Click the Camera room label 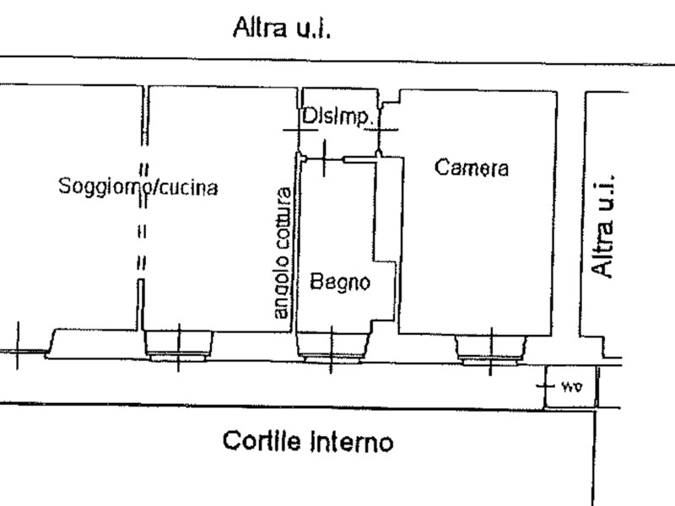click(472, 167)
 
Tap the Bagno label click(340, 283)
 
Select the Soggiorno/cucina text click(138, 186)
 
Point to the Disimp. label click(337, 116)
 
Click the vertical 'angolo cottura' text click(283, 253)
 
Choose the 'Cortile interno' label click(308, 441)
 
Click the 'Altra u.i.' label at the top click(282, 28)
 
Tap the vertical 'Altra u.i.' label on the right click(602, 226)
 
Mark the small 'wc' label click(572, 387)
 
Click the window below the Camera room click(491, 351)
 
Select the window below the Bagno click(332, 347)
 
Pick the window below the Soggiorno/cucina click(178, 347)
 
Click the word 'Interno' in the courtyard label click(351, 442)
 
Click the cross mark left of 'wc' click(545, 385)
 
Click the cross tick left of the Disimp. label click(300, 130)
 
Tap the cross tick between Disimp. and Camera click(381, 129)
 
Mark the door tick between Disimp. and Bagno click(324, 159)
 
